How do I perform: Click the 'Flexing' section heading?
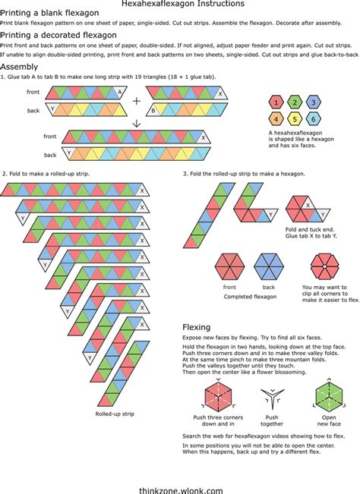pos(196,327)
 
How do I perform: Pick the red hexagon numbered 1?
pos(278,102)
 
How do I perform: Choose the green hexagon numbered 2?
pos(295,102)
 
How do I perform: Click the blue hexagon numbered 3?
pos(312,102)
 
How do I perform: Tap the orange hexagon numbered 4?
pos(278,119)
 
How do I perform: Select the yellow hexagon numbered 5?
pos(295,119)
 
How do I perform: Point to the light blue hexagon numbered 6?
pos(312,119)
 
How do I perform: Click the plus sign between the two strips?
pos(137,101)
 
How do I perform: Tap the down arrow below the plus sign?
pos(137,124)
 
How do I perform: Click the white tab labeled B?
pos(153,111)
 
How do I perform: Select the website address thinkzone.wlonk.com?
pos(180,470)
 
